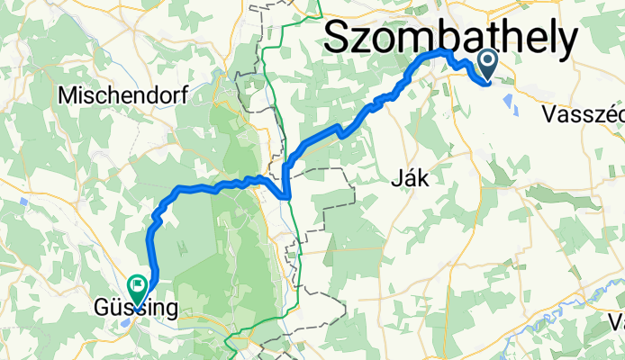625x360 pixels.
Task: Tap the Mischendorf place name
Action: [x=110, y=94]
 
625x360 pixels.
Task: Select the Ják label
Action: [x=410, y=179]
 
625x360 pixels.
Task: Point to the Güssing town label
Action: [x=135, y=309]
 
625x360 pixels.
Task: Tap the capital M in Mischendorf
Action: [x=65, y=94]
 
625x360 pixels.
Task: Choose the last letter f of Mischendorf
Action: [x=158, y=94]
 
